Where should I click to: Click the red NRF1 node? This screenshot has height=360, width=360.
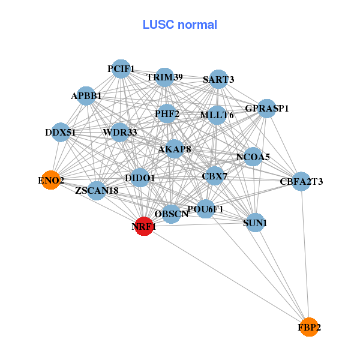click(143, 226)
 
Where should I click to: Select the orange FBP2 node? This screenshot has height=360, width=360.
click(309, 327)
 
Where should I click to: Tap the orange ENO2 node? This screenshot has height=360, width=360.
click(51, 179)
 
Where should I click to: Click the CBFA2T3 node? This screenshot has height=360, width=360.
click(301, 181)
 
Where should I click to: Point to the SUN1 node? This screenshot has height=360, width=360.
click(255, 223)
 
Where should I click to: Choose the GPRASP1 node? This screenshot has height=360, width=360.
click(267, 109)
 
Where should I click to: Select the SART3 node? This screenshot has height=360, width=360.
click(218, 79)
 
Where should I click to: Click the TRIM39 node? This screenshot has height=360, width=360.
click(164, 77)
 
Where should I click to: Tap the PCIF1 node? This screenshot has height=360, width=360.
click(121, 69)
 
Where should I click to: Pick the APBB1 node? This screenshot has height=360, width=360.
click(86, 95)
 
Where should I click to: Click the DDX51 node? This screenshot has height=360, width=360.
click(61, 132)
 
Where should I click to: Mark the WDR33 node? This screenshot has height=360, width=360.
click(120, 132)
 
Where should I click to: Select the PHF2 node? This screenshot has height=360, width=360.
click(167, 113)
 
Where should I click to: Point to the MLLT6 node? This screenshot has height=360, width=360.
click(217, 115)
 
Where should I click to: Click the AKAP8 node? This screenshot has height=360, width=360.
click(174, 148)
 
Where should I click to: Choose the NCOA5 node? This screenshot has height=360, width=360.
click(253, 157)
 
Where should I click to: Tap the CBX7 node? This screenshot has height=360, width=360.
click(214, 176)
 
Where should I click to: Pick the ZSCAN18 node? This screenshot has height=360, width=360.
click(97, 191)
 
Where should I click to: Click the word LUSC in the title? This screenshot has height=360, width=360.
click(158, 25)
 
